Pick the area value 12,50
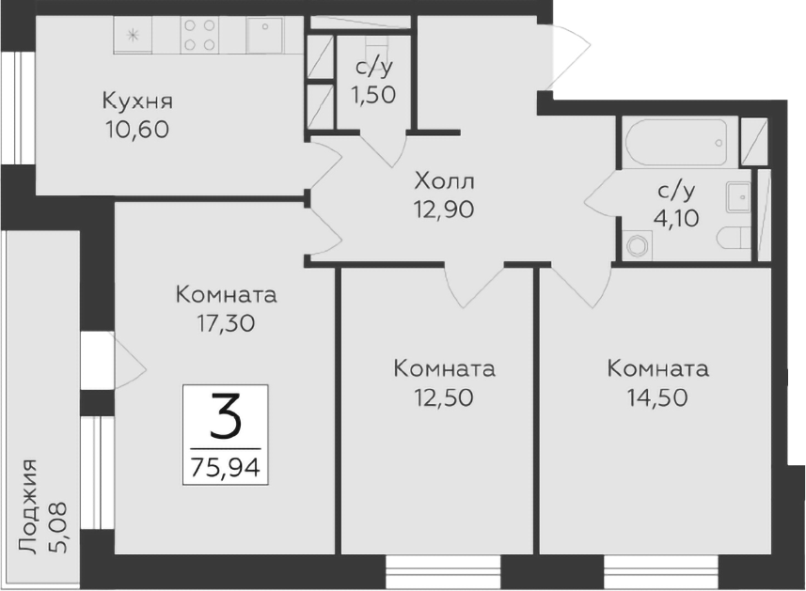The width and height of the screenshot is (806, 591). pos(444,397)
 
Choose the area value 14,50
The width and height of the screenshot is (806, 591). pos(657,397)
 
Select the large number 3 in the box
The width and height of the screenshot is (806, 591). pos(225,416)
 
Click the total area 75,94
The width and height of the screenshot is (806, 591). pos(225,466)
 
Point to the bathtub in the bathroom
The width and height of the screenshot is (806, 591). pos(678,142)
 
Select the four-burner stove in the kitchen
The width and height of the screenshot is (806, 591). pos(198,36)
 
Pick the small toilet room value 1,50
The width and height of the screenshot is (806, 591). pos(373,94)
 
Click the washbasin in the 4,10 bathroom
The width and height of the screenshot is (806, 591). pos(738,197)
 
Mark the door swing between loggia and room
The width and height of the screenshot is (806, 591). pos(127,358)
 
